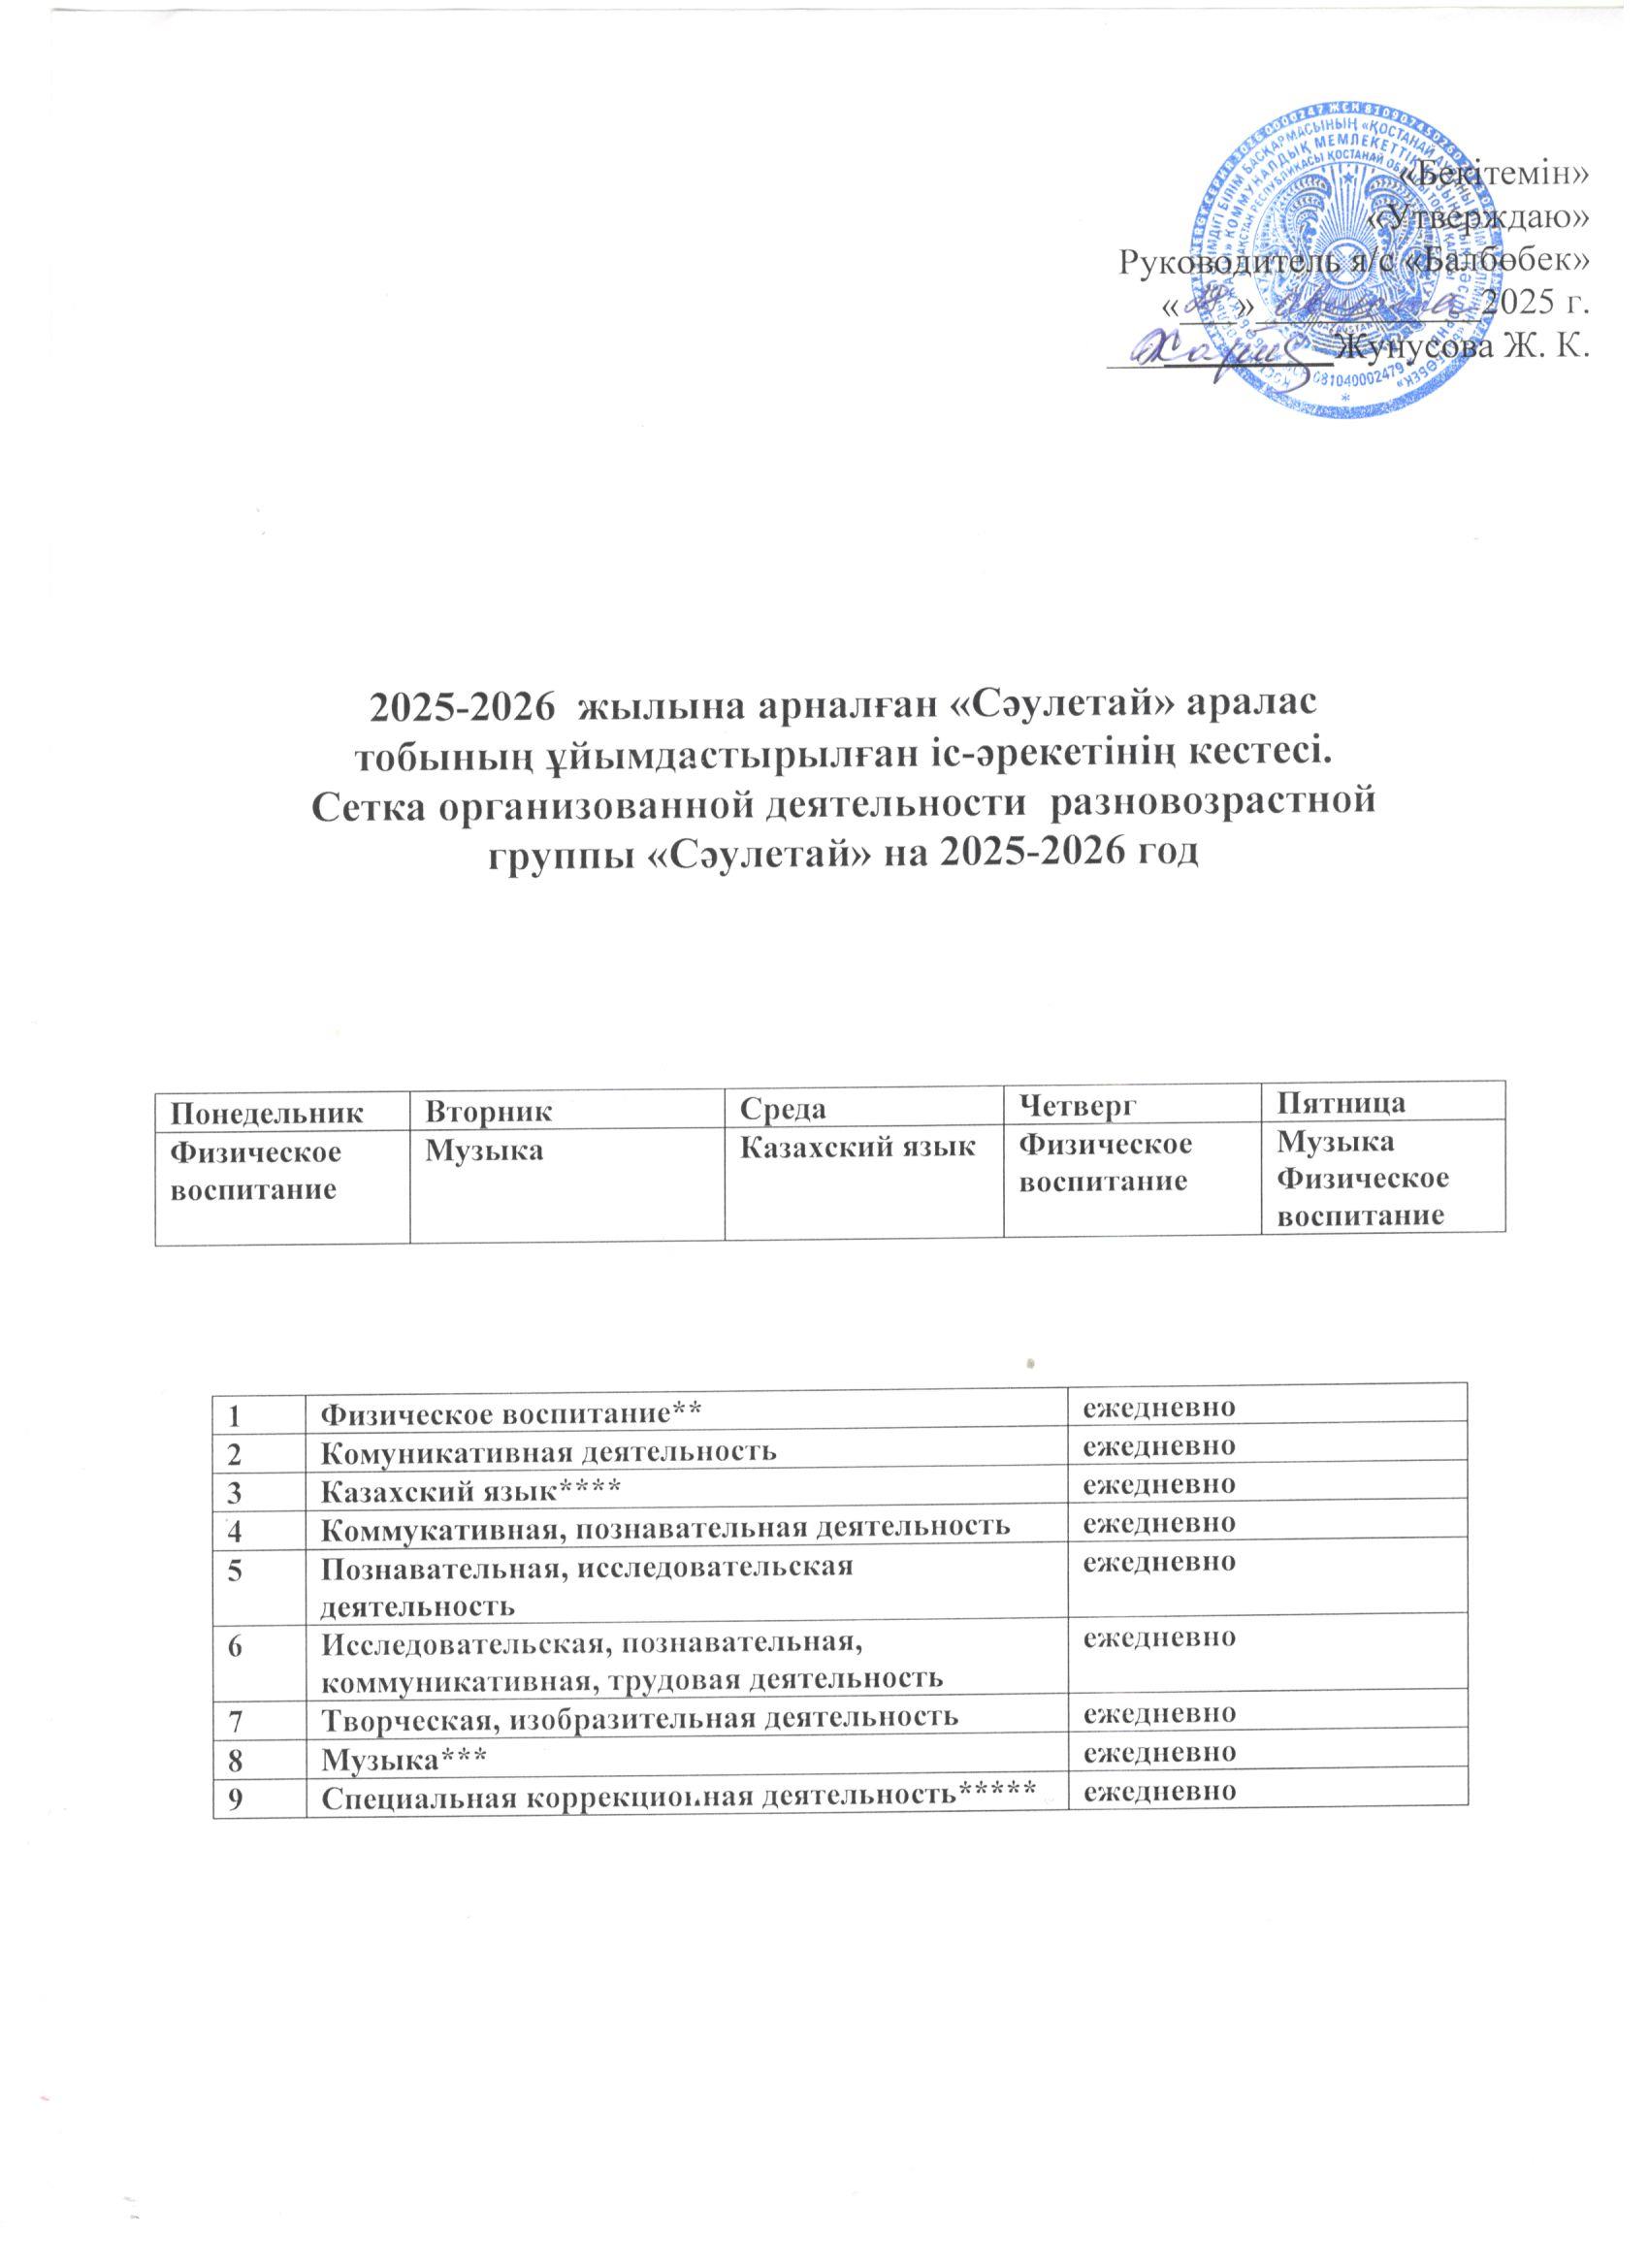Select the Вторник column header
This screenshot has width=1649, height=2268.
[x=487, y=1109]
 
